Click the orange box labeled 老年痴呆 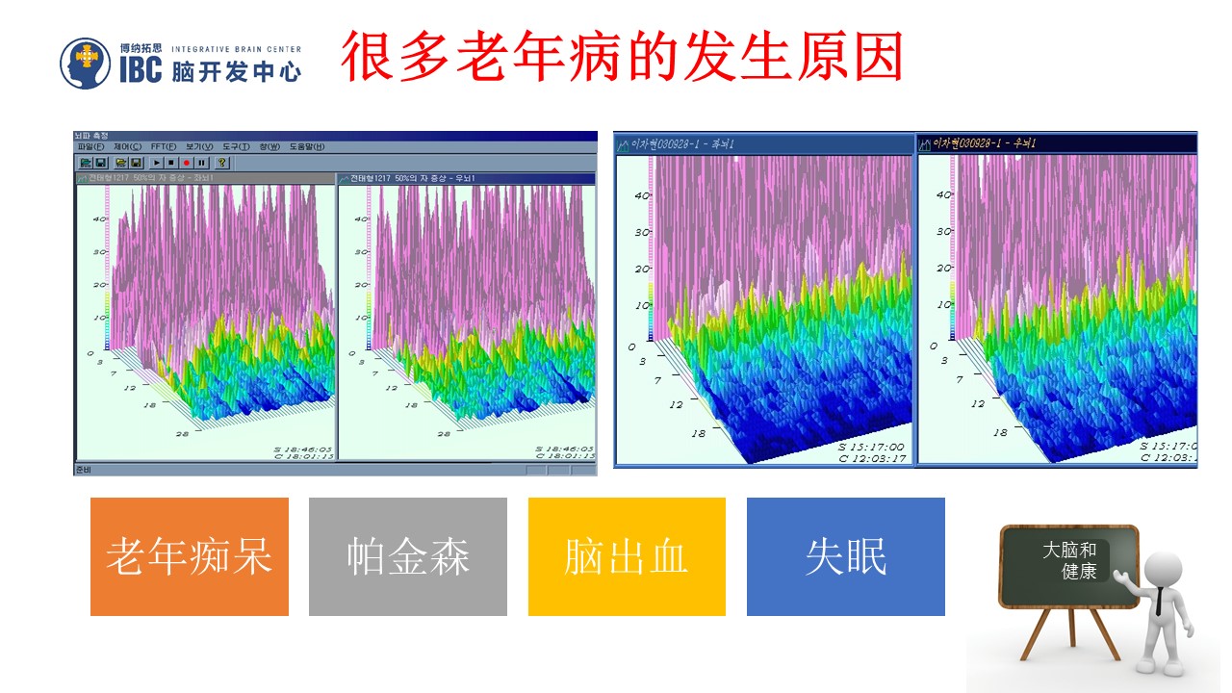[189, 556]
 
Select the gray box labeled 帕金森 [407, 556]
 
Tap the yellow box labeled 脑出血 [627, 556]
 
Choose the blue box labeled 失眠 [845, 556]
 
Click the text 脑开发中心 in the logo [236, 72]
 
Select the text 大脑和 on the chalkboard [1068, 551]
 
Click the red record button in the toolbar [187, 163]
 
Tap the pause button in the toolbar [201, 163]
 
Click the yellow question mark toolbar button [222, 163]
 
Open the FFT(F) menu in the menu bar [163, 147]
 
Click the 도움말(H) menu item [306, 147]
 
